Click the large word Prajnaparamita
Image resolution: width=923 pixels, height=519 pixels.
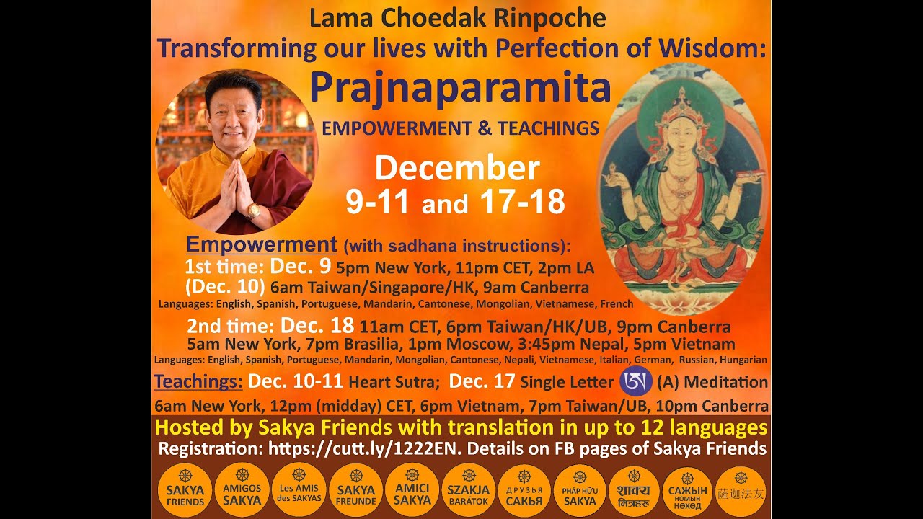460,88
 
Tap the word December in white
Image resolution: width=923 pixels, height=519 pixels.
457,168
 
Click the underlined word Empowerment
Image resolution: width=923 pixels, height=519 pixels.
261,244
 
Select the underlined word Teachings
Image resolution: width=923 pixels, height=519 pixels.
198,381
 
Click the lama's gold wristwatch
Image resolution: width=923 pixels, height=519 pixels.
253,211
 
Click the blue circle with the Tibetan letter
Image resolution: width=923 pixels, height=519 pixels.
636,381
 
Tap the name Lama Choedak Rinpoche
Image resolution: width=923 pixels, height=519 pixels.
457,18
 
